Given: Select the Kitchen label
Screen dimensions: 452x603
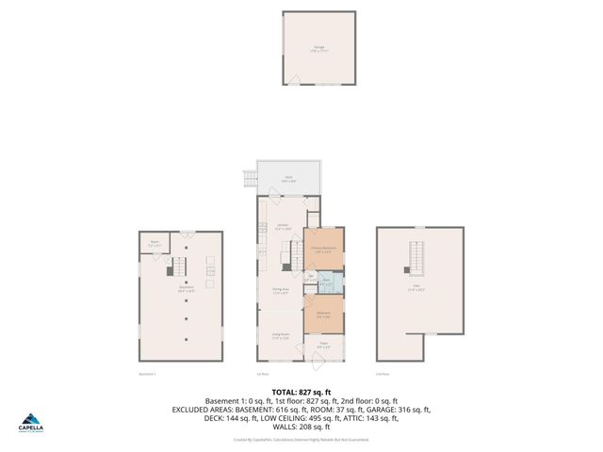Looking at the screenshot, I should [x=283, y=227].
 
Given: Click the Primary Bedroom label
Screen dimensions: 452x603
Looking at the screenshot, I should [x=323, y=250].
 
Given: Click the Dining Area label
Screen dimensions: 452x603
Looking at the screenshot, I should [x=280, y=291].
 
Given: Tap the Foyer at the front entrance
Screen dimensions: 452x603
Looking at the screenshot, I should [x=322, y=345].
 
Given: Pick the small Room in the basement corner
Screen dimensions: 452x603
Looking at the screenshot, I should [x=155, y=245].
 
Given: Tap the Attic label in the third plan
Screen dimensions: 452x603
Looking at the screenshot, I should [x=416, y=290].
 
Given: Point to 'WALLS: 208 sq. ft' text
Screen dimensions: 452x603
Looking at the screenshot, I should [x=301, y=428].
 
